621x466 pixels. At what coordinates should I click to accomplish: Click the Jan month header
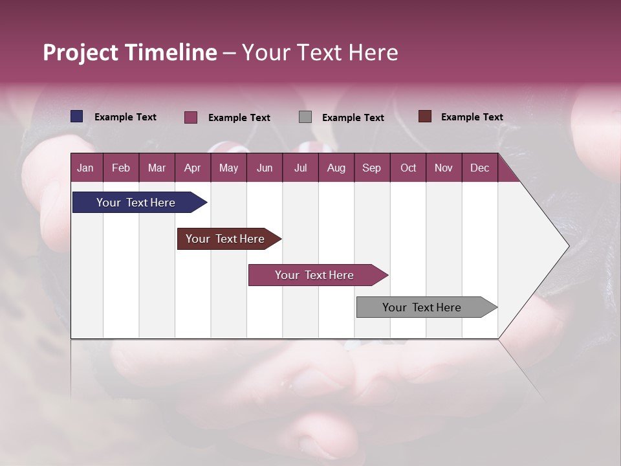[x=85, y=168]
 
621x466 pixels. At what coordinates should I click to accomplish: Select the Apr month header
[x=192, y=168]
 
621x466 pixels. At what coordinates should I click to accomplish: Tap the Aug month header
[x=336, y=168]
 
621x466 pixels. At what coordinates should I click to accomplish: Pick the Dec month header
[x=479, y=168]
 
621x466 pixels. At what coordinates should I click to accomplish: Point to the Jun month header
[x=265, y=168]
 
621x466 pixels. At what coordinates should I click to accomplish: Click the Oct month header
[x=408, y=168]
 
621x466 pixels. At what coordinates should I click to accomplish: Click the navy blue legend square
[x=77, y=116]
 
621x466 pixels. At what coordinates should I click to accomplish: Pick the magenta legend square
[x=191, y=117]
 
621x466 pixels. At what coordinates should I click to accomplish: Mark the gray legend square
[x=305, y=117]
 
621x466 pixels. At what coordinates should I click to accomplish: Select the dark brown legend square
[x=424, y=116]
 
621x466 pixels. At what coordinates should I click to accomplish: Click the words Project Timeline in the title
[x=129, y=52]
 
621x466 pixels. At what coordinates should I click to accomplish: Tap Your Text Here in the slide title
[x=320, y=52]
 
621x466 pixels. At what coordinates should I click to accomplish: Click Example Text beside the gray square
[x=353, y=118]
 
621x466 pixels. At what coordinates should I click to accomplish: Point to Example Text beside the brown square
[x=472, y=117]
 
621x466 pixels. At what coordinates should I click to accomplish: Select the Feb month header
[x=121, y=168]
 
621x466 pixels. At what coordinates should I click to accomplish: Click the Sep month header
[x=371, y=168]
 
